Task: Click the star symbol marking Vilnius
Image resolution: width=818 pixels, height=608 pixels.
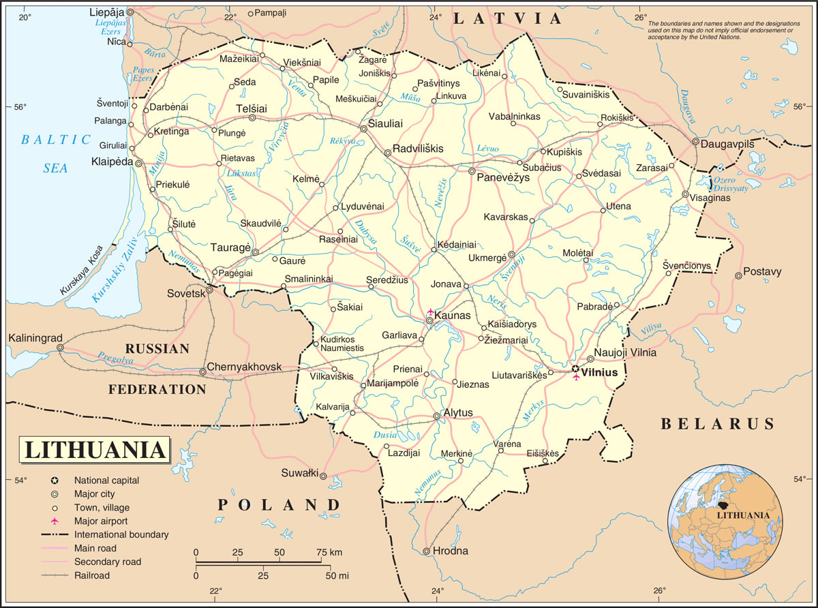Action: [x=576, y=369]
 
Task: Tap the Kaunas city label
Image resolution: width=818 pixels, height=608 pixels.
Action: [x=453, y=316]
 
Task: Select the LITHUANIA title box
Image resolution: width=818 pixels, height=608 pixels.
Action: [x=95, y=451]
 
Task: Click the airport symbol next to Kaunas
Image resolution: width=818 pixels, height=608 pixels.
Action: [x=430, y=311]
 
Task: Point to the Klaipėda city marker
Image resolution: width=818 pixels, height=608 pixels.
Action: [x=138, y=164]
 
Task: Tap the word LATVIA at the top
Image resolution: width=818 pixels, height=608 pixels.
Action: [x=508, y=19]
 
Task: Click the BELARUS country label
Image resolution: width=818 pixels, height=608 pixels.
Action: [x=717, y=424]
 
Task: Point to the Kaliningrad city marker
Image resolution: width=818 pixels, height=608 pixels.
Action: [x=60, y=348]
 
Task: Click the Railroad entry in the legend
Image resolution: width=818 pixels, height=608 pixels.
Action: [x=92, y=575]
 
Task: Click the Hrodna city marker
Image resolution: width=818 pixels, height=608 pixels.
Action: [x=427, y=551]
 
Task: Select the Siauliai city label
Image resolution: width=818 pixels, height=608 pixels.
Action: [x=385, y=124]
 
